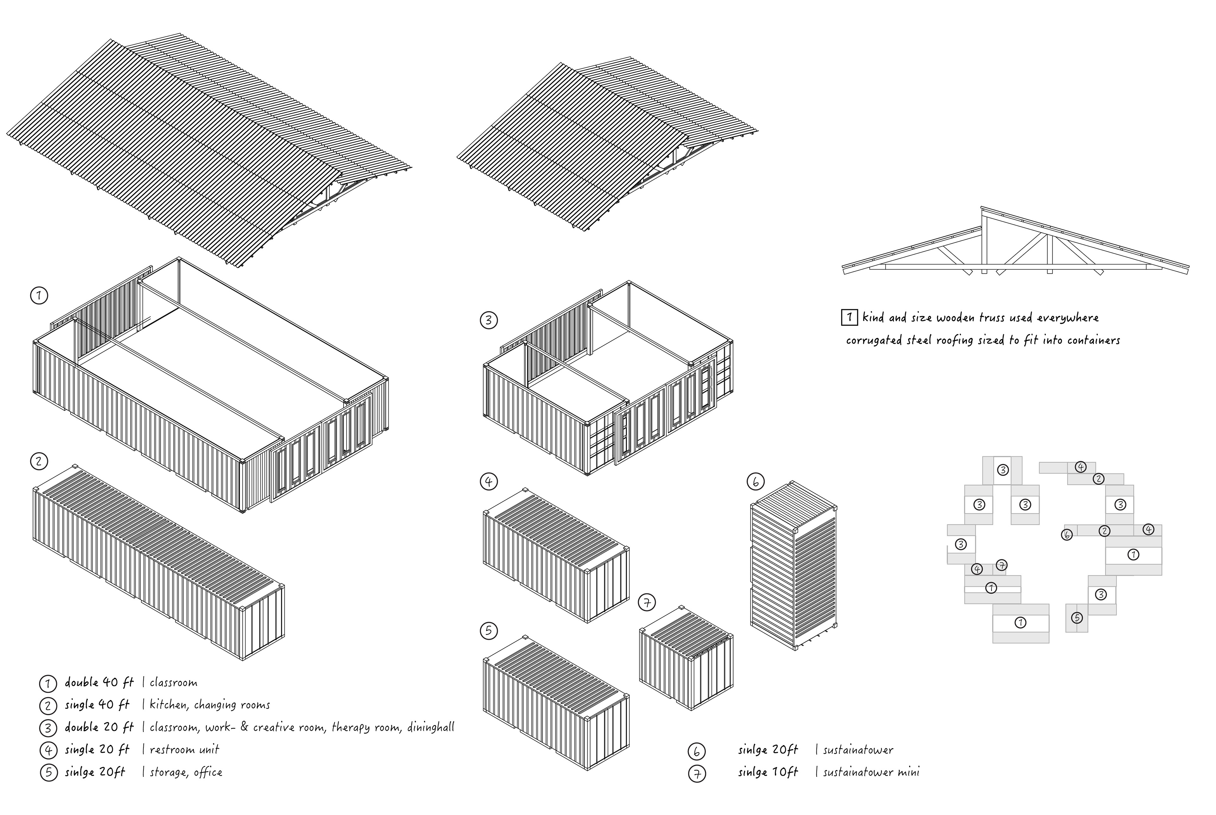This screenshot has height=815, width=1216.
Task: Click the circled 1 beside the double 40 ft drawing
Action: pos(39,296)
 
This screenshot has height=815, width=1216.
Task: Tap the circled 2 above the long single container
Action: pos(39,461)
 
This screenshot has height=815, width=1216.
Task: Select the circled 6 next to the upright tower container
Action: pos(755,482)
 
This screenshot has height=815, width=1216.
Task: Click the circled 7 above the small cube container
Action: pos(647,603)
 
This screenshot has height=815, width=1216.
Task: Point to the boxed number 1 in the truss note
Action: pos(849,317)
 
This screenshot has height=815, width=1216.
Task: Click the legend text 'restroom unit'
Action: pos(184,749)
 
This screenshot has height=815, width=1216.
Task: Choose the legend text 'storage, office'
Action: pos(186,772)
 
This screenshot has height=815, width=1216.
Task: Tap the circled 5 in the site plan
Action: pos(1077,618)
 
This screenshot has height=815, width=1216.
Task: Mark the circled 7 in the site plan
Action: pos(1002,565)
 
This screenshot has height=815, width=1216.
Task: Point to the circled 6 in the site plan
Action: pos(1067,534)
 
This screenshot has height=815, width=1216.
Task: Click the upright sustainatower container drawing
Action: pos(793,567)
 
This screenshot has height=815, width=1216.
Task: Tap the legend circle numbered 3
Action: pos(48,728)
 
